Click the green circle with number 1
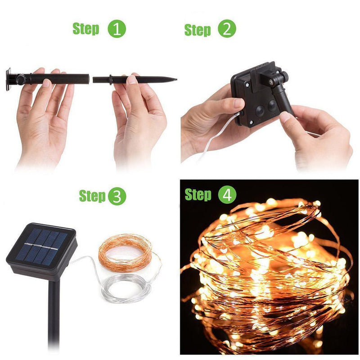tap(117, 29)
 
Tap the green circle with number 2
tap(227, 29)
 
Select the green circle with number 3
tap(117, 196)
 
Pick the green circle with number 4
tap(227, 195)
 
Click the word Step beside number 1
tap(86, 29)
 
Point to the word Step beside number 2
tap(198, 30)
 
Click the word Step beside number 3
tap(92, 196)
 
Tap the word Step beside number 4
tap(198, 195)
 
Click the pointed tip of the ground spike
tap(176, 80)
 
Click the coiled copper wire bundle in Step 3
tap(126, 252)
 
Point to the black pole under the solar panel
tap(54, 315)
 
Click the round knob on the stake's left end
tap(21, 80)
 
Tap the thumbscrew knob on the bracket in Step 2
tap(285, 75)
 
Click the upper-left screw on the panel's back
tap(247, 85)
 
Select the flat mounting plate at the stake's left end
tap(9, 79)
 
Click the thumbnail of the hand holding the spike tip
tap(132, 80)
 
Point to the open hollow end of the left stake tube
tap(88, 78)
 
